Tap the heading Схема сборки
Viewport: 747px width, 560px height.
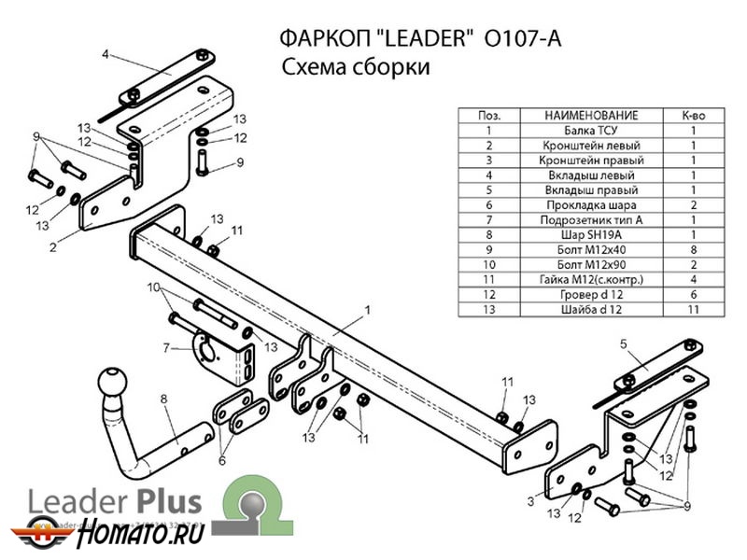click(355, 69)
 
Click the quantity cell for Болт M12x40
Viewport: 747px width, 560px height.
click(693, 249)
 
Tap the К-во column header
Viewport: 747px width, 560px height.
click(693, 116)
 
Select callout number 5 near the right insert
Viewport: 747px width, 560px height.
click(621, 344)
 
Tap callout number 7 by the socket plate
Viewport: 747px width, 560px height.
click(165, 348)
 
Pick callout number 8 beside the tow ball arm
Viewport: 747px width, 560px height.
click(163, 399)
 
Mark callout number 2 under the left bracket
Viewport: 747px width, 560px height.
click(53, 247)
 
